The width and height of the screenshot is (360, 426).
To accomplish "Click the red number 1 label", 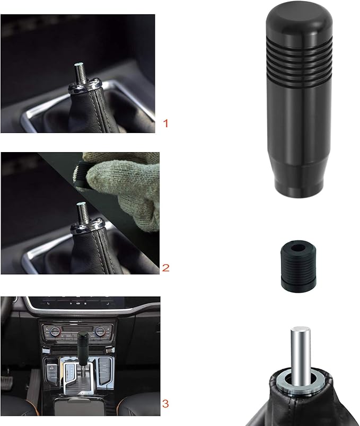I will point(166,124).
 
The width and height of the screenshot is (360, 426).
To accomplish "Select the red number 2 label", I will point(166,268).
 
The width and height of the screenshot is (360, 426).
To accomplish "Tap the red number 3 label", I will point(166,404).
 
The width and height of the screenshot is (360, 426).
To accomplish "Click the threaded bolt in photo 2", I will point(82,214).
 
